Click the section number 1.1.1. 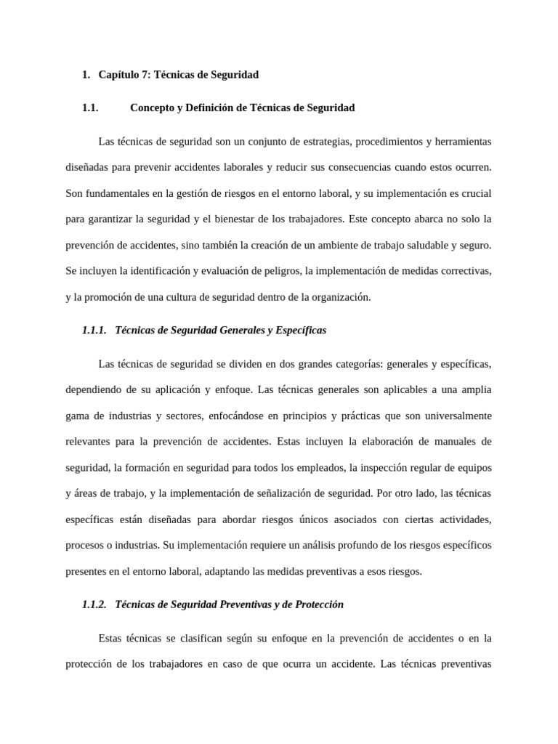point(94,330)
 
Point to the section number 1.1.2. point(94,604)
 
